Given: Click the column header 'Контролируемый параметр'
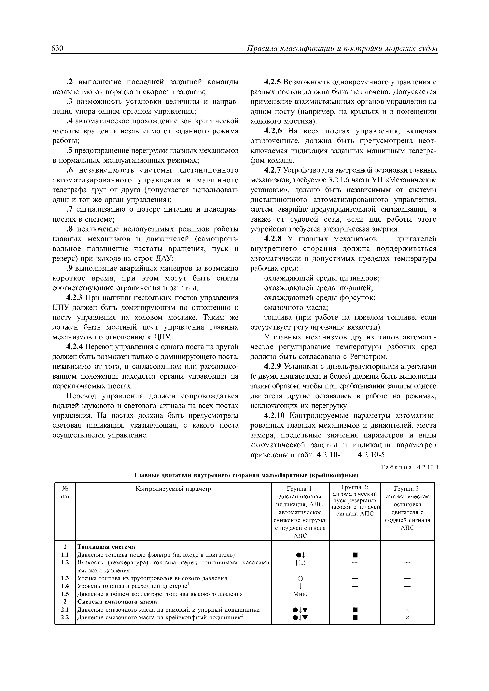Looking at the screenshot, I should click(x=173, y=489).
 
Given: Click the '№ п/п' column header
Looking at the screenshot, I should click(x=65, y=492).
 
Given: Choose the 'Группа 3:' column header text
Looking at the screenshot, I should click(x=407, y=489).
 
